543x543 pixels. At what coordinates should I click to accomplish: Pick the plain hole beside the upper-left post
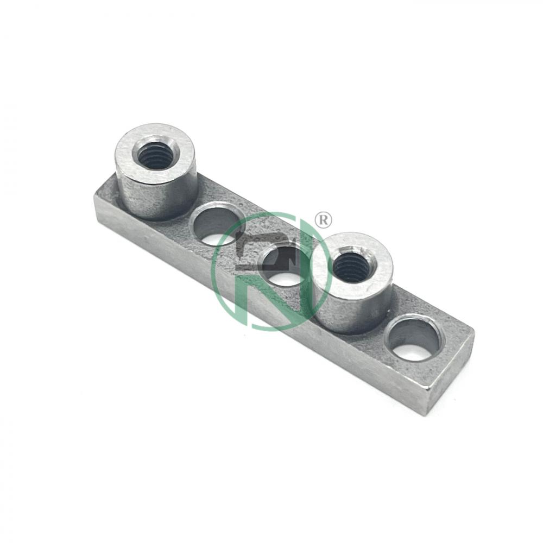click(217, 227)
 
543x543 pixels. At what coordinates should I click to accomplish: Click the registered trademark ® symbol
click(323, 220)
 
